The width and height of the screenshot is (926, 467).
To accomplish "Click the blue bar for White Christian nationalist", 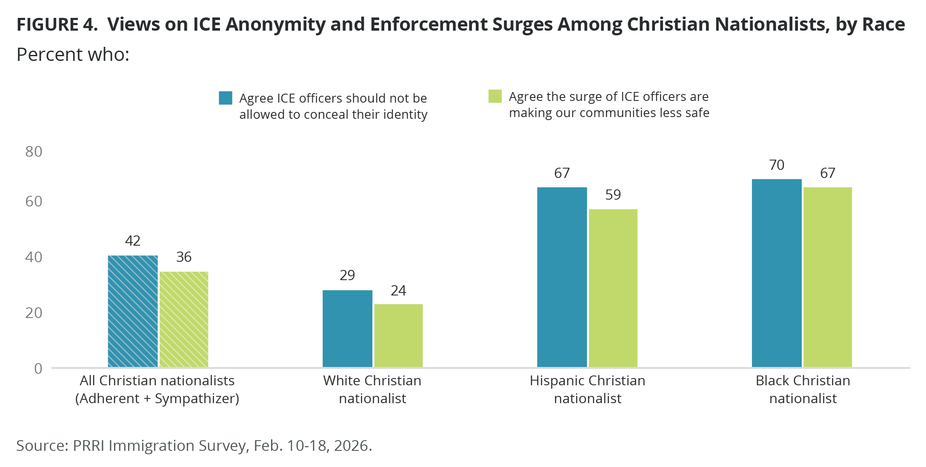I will point(347,328).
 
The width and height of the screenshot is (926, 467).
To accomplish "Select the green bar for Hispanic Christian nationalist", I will point(613,288).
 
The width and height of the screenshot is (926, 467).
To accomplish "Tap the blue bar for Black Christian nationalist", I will point(777,273).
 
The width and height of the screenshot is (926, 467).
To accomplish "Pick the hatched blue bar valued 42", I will point(133,311).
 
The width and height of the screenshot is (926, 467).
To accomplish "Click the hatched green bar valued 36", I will point(184,319).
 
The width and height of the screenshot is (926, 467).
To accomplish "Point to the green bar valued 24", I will point(398,335).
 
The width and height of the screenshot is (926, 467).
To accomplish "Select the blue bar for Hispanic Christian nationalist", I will point(562,277).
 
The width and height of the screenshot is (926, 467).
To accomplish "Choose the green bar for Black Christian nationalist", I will point(828,277).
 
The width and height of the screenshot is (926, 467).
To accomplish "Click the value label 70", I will point(777,165).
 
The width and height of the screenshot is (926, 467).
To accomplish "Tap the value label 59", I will point(613,195).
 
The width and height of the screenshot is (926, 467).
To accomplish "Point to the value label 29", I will point(347,275).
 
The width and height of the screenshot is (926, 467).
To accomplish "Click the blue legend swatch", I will point(226,98).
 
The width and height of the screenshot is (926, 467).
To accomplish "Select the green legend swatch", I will point(495,96).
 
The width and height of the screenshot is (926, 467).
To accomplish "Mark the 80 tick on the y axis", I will point(34,152).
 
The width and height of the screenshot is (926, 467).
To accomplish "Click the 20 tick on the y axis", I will point(34,313).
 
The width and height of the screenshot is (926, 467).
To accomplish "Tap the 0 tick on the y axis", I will point(38,368).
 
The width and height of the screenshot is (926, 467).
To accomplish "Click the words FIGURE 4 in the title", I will point(57,25).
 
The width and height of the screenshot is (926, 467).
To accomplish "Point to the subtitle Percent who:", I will point(73,55).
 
